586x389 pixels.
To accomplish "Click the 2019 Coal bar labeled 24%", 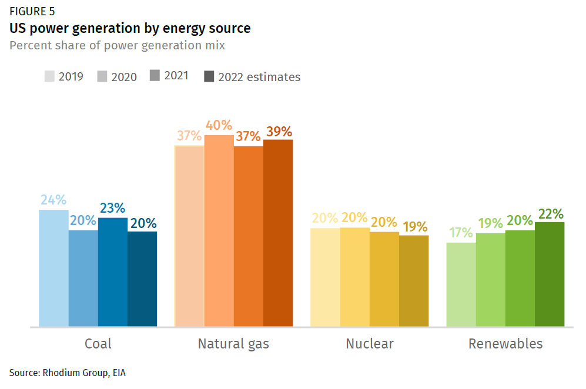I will coord(53,268).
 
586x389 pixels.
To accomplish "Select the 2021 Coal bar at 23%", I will coord(113,272).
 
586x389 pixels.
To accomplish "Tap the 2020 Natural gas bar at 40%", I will coord(219,230).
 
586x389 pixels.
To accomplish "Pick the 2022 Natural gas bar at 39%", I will coord(278,233).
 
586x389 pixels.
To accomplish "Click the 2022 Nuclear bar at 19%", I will coord(414,281).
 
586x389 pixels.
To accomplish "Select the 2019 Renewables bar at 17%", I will coord(461,284).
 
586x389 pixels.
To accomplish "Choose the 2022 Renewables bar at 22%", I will coord(550,274).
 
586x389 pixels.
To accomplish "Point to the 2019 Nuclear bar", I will coord(325,277).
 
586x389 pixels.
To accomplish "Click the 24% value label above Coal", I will coord(53,200).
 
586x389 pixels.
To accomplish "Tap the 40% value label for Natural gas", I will coord(219,126).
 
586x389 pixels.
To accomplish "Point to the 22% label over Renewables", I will coord(550,213).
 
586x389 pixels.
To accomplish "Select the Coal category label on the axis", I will coord(98,344).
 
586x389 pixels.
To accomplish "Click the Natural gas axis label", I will coord(233,344).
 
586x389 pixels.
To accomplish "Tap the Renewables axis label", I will coord(505,344).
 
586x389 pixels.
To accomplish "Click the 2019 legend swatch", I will coord(49,76).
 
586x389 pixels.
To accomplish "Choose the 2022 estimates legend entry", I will coord(252,77).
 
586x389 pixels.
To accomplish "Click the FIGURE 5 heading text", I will coord(33,11).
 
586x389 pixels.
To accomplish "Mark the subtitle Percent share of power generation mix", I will coord(117,45).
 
